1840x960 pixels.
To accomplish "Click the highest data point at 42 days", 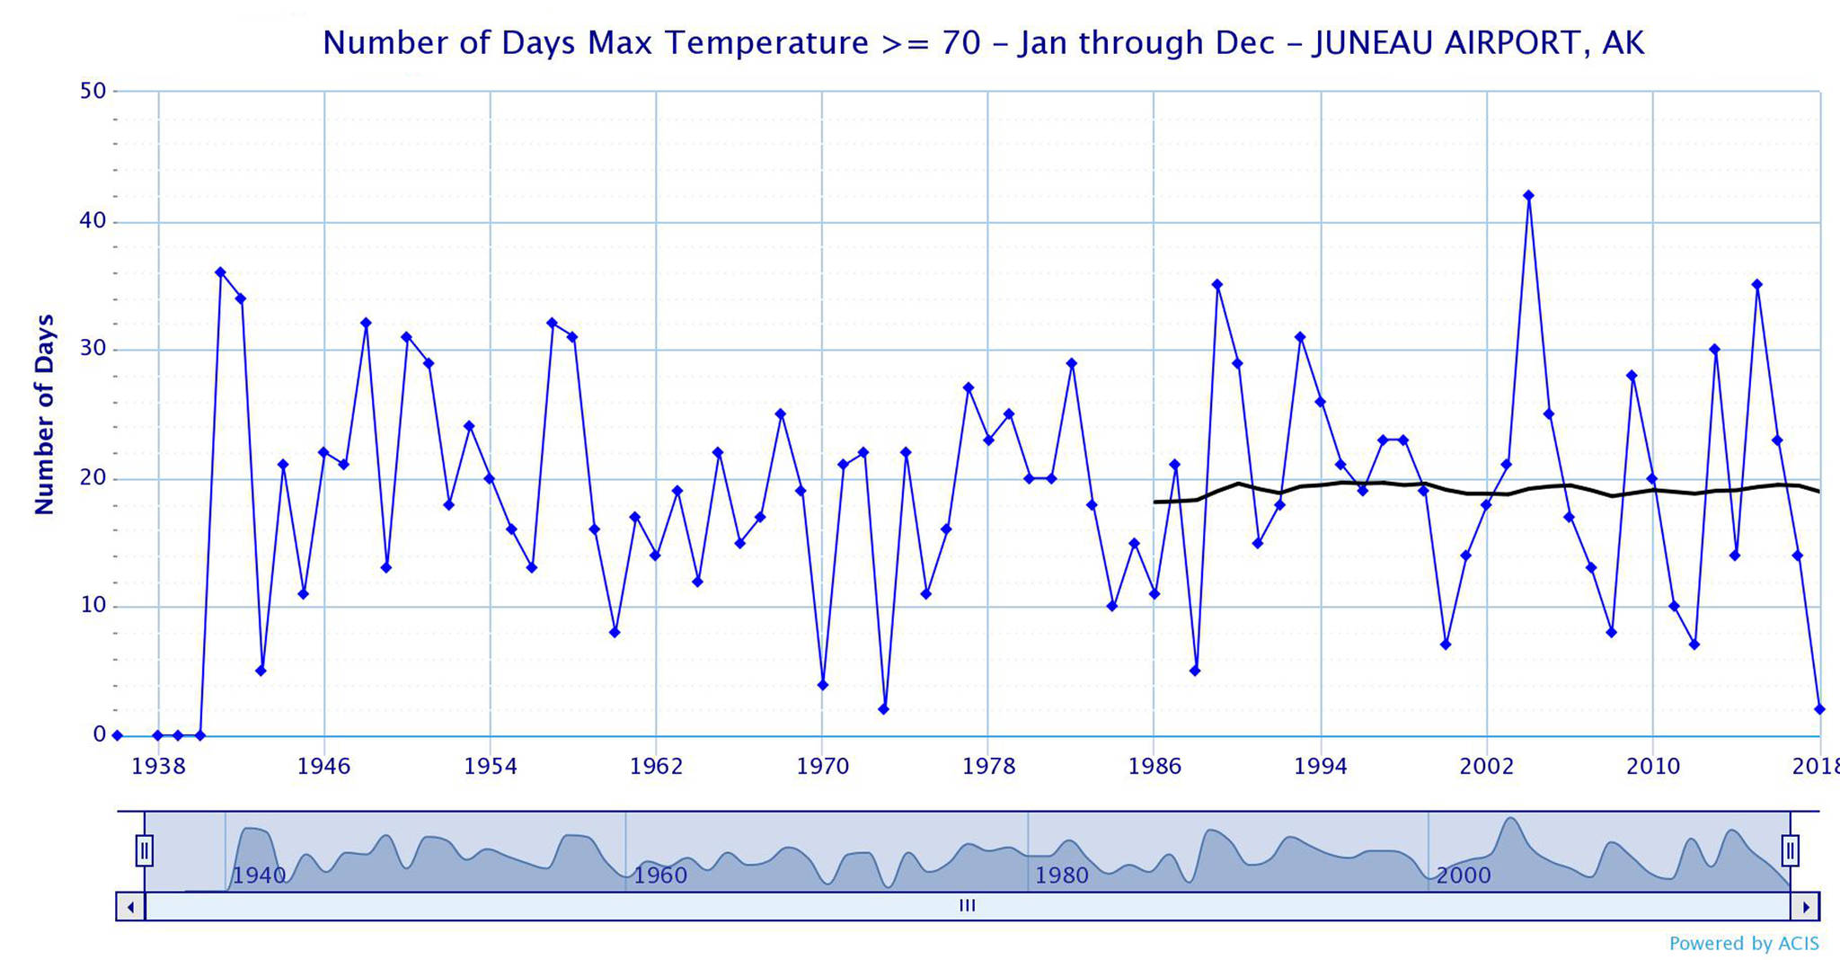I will click(1528, 195).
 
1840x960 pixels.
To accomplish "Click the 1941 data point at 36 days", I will click(220, 271).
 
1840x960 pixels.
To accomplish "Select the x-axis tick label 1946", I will click(324, 767).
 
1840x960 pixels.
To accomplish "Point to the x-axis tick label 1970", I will click(822, 767).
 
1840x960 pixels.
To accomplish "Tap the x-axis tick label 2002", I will click(1487, 767).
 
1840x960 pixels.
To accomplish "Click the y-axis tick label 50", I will click(93, 91).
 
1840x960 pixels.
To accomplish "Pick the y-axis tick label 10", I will click(93, 606).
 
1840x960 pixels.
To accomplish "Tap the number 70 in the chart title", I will click(960, 43).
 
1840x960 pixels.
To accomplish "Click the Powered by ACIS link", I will click(1744, 944).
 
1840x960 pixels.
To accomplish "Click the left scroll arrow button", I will click(130, 907).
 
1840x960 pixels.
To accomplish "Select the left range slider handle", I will click(145, 849).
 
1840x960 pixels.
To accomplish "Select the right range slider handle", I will click(1790, 849).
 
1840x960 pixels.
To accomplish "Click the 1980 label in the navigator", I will click(1062, 876).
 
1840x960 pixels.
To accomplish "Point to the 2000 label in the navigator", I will click(1463, 876).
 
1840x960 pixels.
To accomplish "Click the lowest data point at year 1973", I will click(883, 709).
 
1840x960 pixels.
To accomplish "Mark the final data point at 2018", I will click(1819, 709).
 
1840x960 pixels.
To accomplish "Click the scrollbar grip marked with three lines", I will click(967, 906).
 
